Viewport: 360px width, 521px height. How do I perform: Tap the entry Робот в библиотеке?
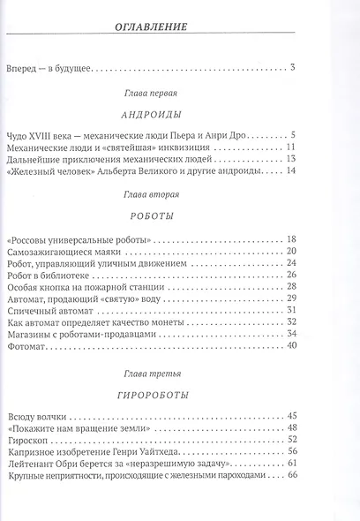point(52,275)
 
